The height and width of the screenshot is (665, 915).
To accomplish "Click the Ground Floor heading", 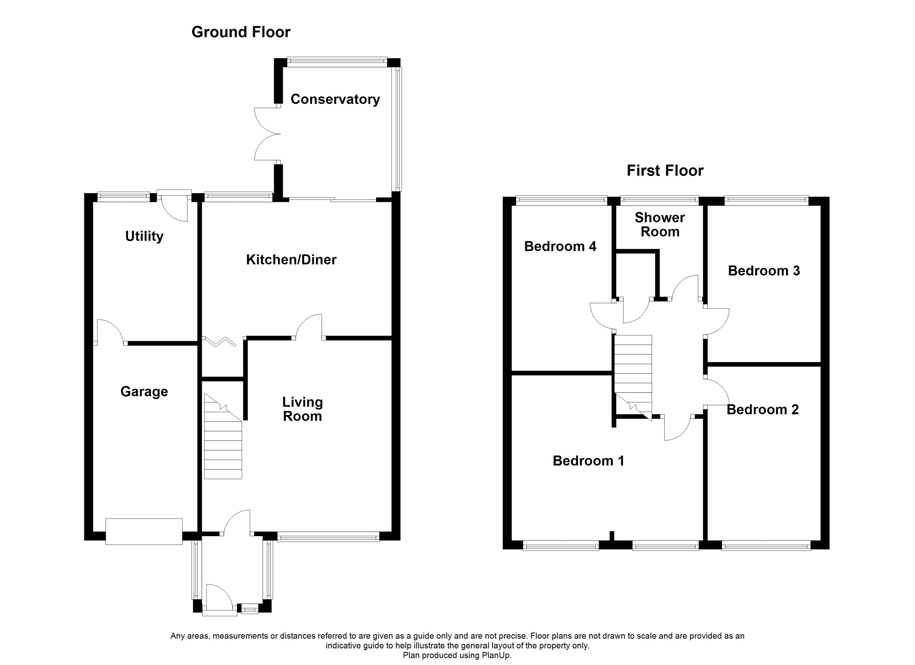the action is click(x=241, y=32).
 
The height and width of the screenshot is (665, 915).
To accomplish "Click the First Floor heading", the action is click(x=665, y=171).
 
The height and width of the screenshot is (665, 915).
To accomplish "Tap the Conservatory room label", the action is click(x=335, y=99).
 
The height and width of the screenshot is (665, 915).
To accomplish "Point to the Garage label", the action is click(x=144, y=392).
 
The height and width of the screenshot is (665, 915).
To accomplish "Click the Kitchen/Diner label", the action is click(x=291, y=259).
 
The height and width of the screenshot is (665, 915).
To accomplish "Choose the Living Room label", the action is click(x=303, y=409).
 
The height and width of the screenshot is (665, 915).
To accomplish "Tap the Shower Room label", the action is click(x=660, y=225).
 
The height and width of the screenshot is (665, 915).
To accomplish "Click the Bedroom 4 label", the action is click(x=560, y=246).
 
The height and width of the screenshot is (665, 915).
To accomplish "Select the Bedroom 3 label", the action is click(x=764, y=271).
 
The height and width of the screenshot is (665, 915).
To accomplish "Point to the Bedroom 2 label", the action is click(x=762, y=410).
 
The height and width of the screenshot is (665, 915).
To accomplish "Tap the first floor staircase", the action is click(x=633, y=377).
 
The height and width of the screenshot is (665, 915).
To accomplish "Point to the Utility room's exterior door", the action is click(x=174, y=205).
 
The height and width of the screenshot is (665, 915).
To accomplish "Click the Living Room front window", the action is click(x=328, y=536).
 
